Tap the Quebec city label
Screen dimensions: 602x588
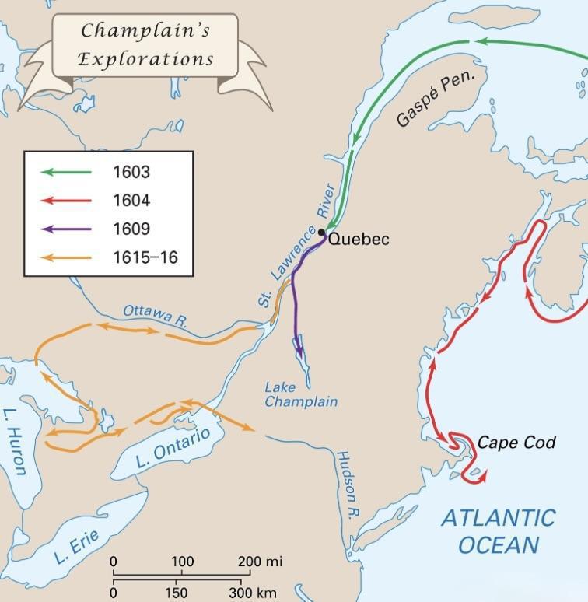pyautogui.click(x=358, y=239)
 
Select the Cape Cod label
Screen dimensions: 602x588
pyautogui.click(x=516, y=443)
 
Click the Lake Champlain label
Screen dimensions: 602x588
pyautogui.click(x=301, y=394)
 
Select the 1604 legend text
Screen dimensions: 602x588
pyautogui.click(x=131, y=201)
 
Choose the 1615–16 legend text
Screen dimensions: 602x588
pyautogui.click(x=145, y=257)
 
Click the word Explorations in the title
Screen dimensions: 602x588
pyautogui.click(x=145, y=58)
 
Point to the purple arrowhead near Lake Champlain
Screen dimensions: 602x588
pyautogui.click(x=299, y=352)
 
